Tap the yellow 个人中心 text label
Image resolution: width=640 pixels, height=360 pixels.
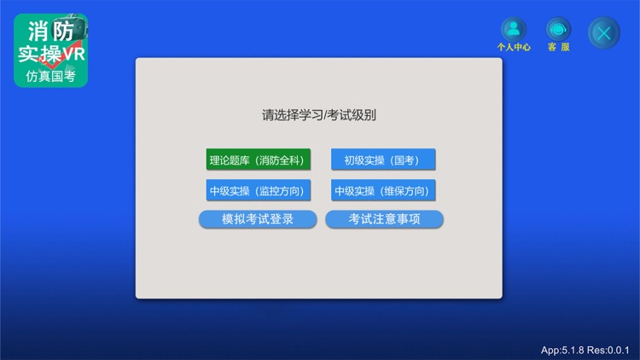514,48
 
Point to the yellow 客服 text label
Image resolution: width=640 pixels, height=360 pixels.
559,48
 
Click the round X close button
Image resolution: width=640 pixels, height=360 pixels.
604,32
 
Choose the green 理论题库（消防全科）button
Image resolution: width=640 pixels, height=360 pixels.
258,160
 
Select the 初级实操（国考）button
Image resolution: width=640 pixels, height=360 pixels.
383,160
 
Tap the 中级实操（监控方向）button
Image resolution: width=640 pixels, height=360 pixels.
258,190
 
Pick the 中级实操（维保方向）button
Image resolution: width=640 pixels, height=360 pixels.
383,190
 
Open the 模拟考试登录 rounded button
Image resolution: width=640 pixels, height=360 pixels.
258,219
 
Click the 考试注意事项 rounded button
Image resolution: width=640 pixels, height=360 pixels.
384,219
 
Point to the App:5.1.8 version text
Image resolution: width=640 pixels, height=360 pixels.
562,350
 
